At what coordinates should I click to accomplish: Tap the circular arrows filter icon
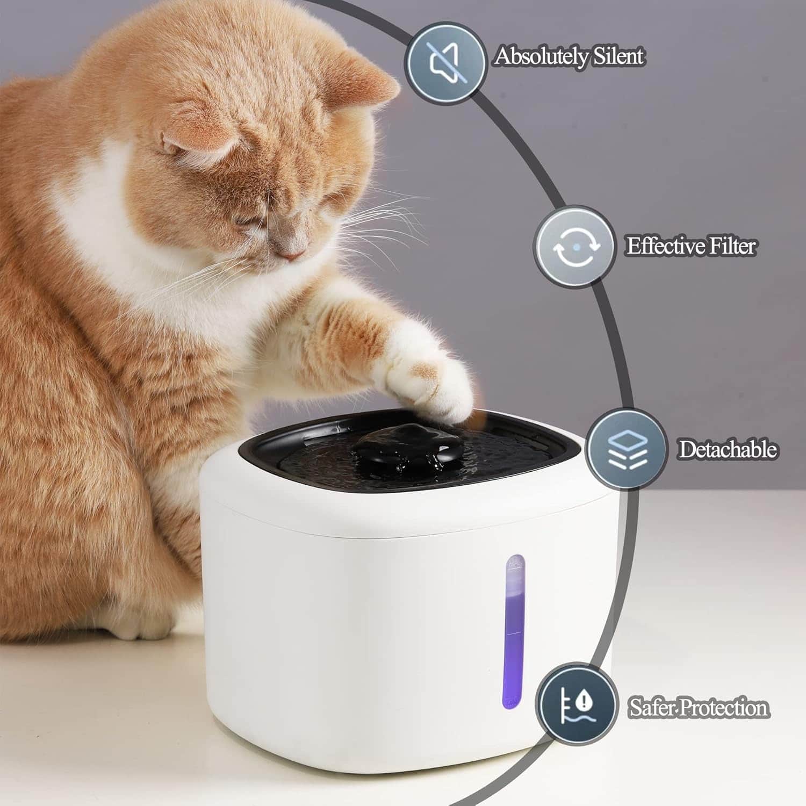tap(575, 247)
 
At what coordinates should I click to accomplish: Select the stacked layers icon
tap(627, 449)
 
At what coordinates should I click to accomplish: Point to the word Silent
tap(617, 55)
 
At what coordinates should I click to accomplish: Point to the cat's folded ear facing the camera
tap(199, 142)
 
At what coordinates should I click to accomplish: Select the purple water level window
tap(514, 631)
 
